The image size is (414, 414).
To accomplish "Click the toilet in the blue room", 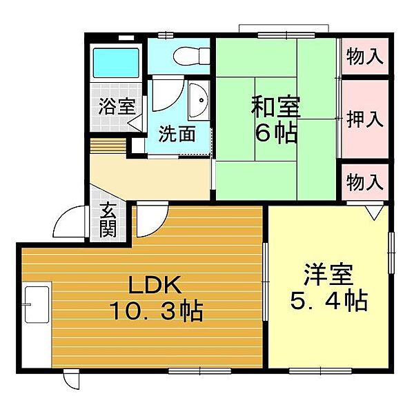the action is click(x=192, y=56).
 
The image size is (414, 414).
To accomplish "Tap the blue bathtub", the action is click(x=116, y=63).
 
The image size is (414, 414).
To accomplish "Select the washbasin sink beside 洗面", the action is click(x=199, y=100).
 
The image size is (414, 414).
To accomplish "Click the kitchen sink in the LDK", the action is click(x=37, y=304).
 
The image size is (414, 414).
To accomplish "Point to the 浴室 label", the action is click(x=117, y=106).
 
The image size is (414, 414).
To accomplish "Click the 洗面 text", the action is click(x=177, y=134).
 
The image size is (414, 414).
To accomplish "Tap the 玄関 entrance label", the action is click(x=108, y=219).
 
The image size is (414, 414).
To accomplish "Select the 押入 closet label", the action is click(x=365, y=119).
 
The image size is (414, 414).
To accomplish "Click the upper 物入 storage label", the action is click(x=365, y=57).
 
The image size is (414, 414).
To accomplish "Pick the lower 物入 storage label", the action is click(x=365, y=182).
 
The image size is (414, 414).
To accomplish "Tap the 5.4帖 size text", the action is click(x=329, y=300).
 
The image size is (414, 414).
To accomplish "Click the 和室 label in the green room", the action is click(x=275, y=107).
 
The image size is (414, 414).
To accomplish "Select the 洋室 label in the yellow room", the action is click(x=328, y=274).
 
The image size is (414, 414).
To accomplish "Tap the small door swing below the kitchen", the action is click(x=72, y=379).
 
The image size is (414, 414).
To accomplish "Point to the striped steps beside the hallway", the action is click(x=108, y=146).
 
